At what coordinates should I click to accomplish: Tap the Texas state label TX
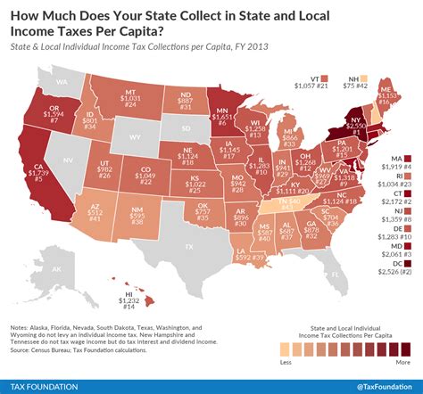tap(187, 245)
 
